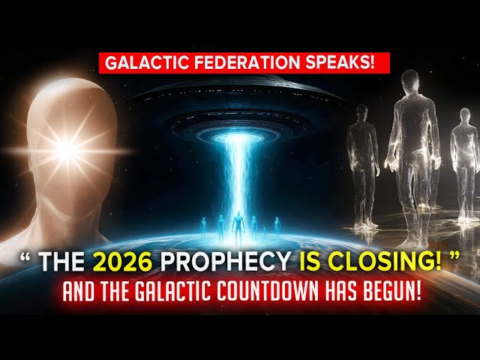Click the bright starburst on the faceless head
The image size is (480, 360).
[67, 150]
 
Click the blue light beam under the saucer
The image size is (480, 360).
[239, 172]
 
